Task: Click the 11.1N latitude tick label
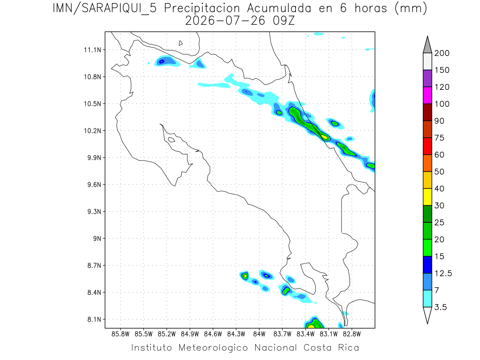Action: point(92,50)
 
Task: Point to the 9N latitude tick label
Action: point(97,238)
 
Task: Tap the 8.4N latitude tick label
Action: point(94,292)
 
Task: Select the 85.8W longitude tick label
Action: point(120,334)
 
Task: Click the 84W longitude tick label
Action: point(259,334)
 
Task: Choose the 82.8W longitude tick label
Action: point(352,334)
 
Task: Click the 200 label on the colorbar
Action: point(442,53)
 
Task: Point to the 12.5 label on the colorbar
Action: point(443,274)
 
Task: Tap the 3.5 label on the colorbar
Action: point(440,307)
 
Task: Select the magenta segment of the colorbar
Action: point(428,95)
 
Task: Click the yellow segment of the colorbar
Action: point(428,197)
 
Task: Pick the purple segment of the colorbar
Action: point(428,78)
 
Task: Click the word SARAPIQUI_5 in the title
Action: point(119,9)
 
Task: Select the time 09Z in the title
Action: point(284,21)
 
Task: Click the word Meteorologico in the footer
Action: point(213,348)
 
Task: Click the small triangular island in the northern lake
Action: point(180,43)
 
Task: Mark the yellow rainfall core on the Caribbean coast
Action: point(324,137)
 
